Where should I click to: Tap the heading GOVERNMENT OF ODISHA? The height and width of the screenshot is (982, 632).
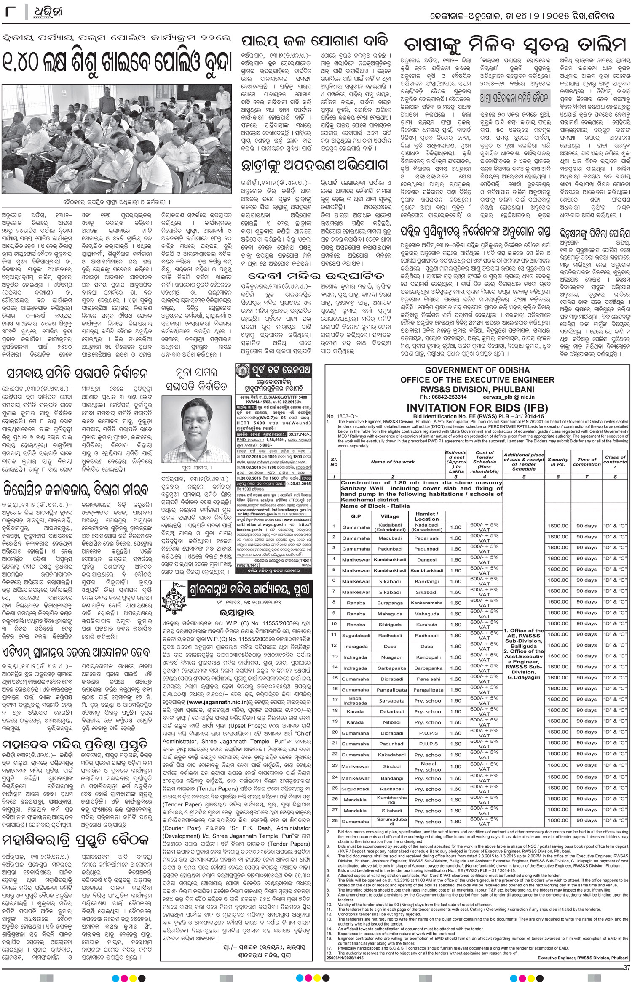478,370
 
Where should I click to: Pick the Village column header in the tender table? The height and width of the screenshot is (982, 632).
390,516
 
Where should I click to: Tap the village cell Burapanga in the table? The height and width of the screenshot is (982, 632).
390,603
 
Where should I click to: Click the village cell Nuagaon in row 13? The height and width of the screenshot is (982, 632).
390,657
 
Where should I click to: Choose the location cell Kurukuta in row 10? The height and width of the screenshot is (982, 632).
426,625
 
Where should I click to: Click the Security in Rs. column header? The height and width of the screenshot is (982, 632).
558,462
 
